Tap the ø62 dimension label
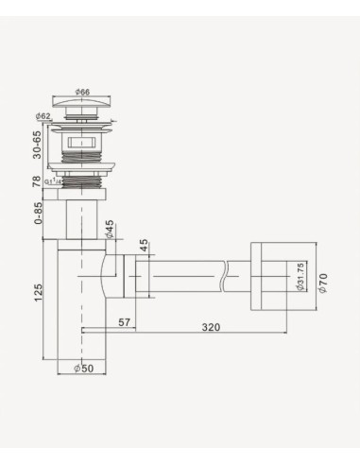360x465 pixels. click(43, 117)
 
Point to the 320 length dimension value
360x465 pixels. click(210, 326)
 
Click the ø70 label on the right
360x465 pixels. click(322, 281)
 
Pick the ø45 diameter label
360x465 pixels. click(110, 229)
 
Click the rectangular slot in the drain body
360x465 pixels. click(82, 146)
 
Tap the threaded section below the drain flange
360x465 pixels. click(82, 175)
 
